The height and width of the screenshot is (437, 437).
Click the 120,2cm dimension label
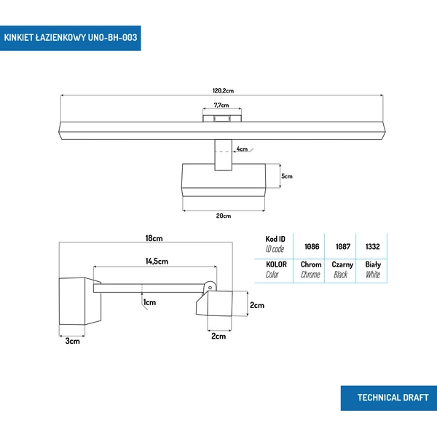(222, 90)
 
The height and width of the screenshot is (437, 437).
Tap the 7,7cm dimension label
(222, 106)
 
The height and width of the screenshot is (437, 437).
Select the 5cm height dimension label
(287, 176)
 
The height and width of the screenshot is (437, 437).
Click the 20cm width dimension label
(223, 216)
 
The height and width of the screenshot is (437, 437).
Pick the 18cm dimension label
(153, 238)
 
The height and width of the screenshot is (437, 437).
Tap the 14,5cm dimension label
(157, 261)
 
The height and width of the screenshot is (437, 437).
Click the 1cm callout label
(150, 302)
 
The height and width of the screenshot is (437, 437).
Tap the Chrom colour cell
(311, 265)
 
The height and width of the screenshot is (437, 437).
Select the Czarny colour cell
(342, 265)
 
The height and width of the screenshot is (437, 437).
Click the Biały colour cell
(373, 265)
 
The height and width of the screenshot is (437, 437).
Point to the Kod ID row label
(275, 239)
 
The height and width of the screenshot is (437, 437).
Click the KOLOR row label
(276, 264)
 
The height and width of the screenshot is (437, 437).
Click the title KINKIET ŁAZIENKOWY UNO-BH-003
(70, 36)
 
